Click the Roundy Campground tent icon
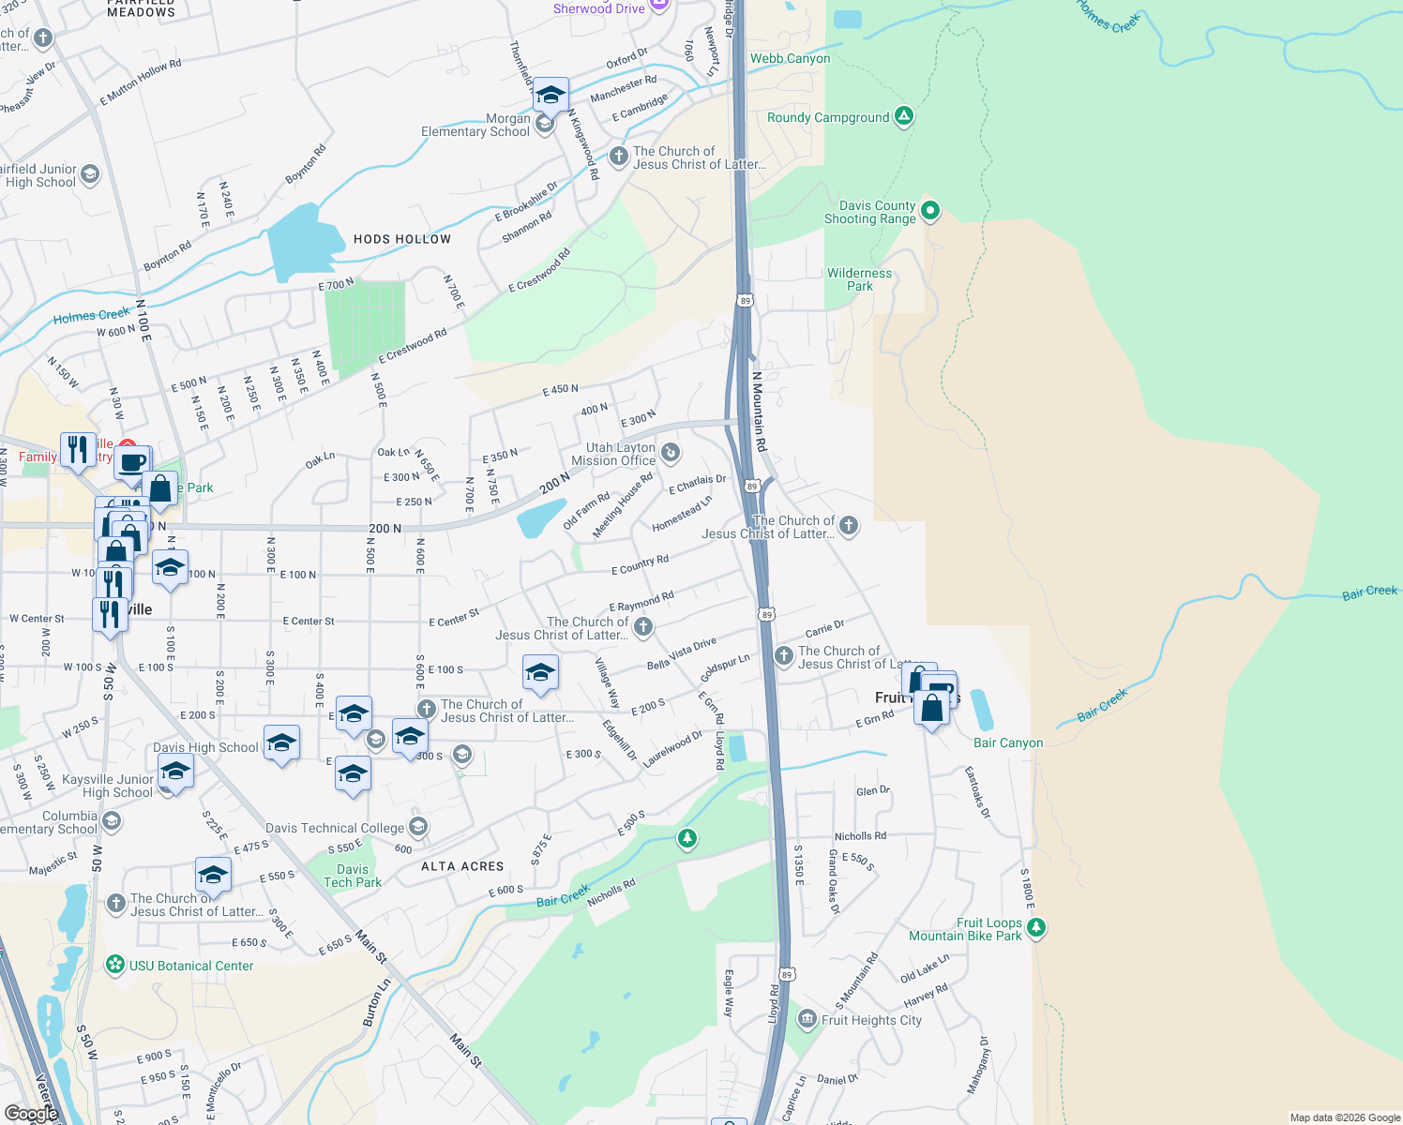[x=904, y=116]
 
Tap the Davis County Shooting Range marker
[x=930, y=211]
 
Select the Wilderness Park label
[x=859, y=279]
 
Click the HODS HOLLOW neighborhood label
[x=402, y=239]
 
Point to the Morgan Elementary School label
[x=475, y=126]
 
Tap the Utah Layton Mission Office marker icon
[x=671, y=454]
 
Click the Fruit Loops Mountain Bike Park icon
[x=1036, y=928]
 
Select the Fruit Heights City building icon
[x=807, y=1019]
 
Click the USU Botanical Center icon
[x=115, y=965]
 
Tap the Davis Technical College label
[x=335, y=828]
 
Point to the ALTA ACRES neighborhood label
[x=462, y=866]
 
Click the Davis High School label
[x=205, y=747]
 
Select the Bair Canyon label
[x=1008, y=742]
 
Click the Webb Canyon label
[x=790, y=58]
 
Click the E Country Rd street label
[x=640, y=564]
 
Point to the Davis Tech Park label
[x=353, y=876]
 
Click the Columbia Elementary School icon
[x=112, y=822]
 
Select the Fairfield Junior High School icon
[x=90, y=174]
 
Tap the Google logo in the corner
[x=31, y=1113]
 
